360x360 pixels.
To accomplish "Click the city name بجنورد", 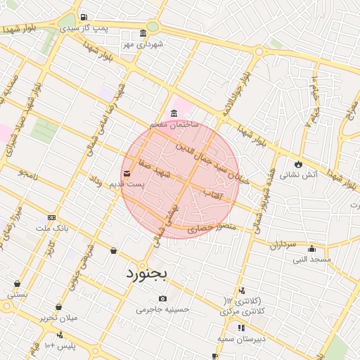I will tap(146, 273).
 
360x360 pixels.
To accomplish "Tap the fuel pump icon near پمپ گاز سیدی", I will tap(84, 17).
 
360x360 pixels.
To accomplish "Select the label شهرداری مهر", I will tap(143, 44).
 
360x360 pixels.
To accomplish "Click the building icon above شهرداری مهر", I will tap(143, 33).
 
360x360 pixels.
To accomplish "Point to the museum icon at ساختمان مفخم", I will tap(174, 114).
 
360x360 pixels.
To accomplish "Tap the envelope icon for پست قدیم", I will tap(127, 173).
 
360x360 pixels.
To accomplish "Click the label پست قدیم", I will tap(125, 184).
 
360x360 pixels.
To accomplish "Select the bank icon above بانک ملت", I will tap(51, 218).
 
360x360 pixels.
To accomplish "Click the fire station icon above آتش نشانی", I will tap(298, 164).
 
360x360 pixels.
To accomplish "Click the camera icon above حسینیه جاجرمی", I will tap(163, 298).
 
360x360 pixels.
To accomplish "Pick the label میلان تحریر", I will tap(58, 318).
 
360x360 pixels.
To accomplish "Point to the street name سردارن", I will tap(284, 245).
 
